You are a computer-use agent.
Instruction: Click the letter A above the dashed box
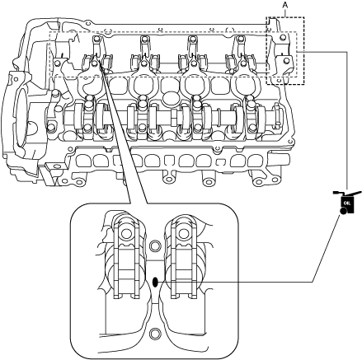click(285, 4)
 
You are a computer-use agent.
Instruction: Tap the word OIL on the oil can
click(346, 203)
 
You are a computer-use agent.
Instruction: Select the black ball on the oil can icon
click(343, 211)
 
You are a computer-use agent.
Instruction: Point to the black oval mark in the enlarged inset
click(155, 282)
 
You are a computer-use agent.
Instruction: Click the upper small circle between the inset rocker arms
click(155, 245)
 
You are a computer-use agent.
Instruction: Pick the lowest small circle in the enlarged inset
click(154, 334)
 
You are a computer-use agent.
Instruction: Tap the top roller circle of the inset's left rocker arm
click(126, 234)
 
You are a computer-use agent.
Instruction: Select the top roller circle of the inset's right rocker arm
click(182, 234)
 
